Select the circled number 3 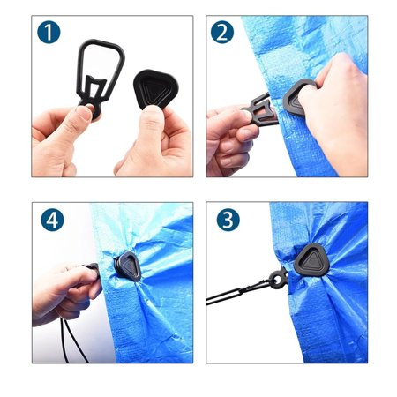pyautogui.click(x=227, y=220)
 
